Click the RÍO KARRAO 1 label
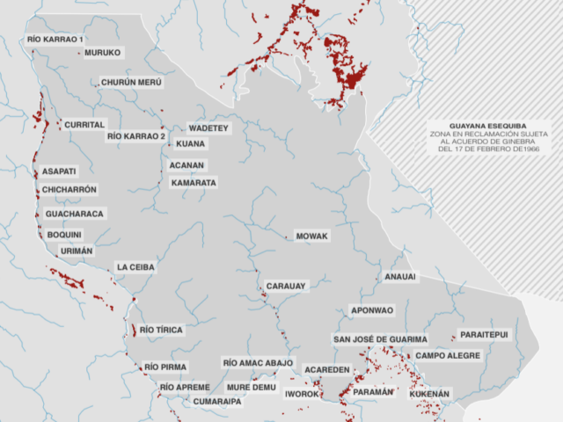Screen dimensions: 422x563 tap(55, 40)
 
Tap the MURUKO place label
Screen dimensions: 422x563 tap(102, 53)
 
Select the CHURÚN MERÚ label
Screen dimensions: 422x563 tap(132, 82)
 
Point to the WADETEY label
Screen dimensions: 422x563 tap(208, 128)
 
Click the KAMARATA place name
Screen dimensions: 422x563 tap(194, 183)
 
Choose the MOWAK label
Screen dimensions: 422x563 tap(312, 236)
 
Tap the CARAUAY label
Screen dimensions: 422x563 tap(286, 286)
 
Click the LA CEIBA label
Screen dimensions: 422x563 tap(135, 267)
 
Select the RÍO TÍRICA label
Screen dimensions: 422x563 tap(162, 331)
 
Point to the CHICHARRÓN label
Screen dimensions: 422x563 tap(69, 190)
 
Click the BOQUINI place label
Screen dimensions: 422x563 tap(64, 235)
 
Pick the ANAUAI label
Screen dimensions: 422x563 tap(400, 277)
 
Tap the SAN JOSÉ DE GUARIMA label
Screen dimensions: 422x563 tap(380, 339)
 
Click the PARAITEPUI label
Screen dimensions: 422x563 tap(483, 335)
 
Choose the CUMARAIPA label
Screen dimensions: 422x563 tap(217, 401)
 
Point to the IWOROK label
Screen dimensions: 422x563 tap(302, 395)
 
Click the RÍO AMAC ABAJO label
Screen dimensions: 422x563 tap(258, 363)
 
